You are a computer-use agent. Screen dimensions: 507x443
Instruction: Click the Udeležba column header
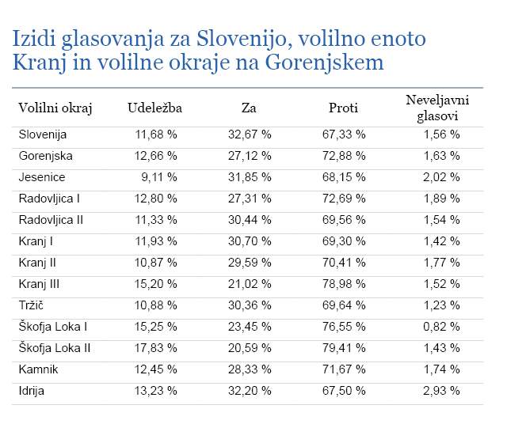point(155,108)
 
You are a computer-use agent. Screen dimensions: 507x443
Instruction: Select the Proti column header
point(343,108)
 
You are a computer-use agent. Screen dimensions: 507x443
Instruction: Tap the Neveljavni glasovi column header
point(437,108)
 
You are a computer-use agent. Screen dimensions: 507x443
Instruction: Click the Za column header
point(249,108)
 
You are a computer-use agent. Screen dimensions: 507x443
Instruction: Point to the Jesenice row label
point(42,177)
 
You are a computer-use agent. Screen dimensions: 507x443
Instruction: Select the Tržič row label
point(31,305)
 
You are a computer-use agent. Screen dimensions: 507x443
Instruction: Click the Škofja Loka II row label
point(55,348)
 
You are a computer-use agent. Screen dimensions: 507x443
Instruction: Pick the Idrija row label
point(32,391)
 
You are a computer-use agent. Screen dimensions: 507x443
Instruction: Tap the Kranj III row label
point(39,284)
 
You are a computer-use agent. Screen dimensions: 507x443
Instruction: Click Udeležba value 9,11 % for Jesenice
point(159,177)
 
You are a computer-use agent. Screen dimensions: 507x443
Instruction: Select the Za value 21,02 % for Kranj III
point(250,284)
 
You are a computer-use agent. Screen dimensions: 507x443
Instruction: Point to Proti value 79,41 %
point(344,348)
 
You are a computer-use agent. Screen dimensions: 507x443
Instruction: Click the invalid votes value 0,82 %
point(441,327)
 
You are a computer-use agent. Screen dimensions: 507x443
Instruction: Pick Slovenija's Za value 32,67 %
point(250,134)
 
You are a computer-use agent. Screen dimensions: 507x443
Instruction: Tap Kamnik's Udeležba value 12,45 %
point(156,369)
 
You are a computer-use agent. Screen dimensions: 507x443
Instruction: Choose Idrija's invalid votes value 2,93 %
point(441,391)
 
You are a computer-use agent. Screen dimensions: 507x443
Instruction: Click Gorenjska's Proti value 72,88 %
point(344,156)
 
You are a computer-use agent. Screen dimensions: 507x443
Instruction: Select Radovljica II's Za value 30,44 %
point(250,220)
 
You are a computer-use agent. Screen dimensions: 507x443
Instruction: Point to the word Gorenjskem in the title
point(324,62)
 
